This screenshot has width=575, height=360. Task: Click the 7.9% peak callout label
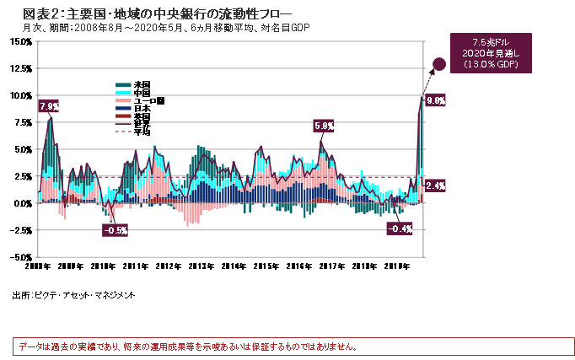pyautogui.click(x=49, y=106)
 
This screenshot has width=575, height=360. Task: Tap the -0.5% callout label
pyautogui.click(x=115, y=229)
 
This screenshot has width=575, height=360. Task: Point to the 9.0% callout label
pyautogui.click(x=436, y=99)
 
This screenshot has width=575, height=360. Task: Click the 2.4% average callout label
pyautogui.click(x=436, y=185)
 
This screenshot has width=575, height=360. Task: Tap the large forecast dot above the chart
pyautogui.click(x=439, y=63)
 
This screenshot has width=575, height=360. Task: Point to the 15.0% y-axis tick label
pyautogui.click(x=19, y=66)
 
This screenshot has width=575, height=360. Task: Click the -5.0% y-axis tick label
pyautogui.click(x=19, y=256)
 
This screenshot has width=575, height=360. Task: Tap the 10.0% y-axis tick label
pyautogui.click(x=19, y=95)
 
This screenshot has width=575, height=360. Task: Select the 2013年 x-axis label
pyautogui.click(x=200, y=266)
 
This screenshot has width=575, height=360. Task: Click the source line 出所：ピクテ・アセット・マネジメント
pyautogui.click(x=73, y=296)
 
